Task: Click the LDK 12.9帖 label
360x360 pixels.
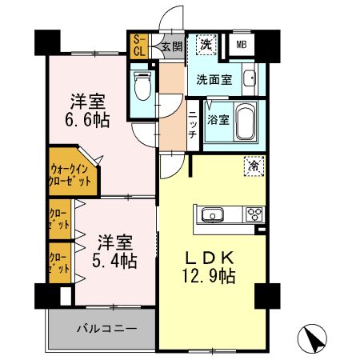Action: pyautogui.click(x=211, y=267)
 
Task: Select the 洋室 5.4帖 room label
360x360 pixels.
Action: pyautogui.click(x=114, y=251)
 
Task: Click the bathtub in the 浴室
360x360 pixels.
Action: pyautogui.click(x=241, y=122)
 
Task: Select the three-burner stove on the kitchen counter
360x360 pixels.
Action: pyautogui.click(x=254, y=214)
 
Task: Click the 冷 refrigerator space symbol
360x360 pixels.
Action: pyautogui.click(x=252, y=167)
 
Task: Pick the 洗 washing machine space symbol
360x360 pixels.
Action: pyautogui.click(x=206, y=45)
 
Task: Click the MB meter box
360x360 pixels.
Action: pyautogui.click(x=241, y=46)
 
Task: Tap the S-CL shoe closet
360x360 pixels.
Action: pyautogui.click(x=138, y=46)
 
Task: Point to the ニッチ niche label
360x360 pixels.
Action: pyautogui.click(x=193, y=125)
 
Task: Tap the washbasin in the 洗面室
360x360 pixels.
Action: pyautogui.click(x=250, y=80)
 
